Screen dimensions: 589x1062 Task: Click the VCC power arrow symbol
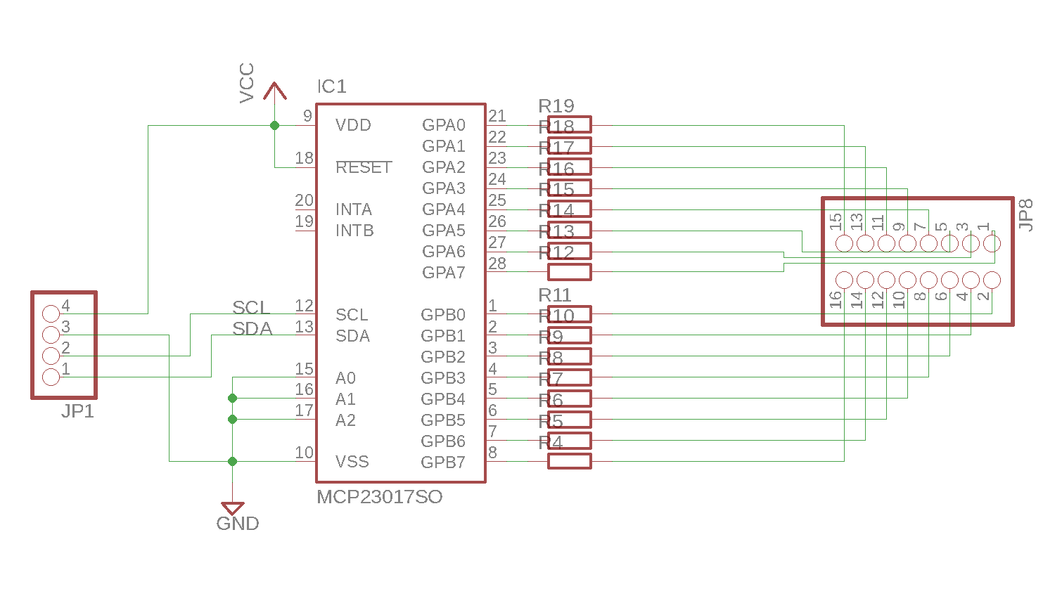coord(274,92)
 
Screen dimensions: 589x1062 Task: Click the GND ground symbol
coord(233,508)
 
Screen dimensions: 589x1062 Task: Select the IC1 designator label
coord(331,86)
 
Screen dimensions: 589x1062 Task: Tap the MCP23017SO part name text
coord(379,497)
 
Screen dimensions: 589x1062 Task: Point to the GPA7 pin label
coord(443,273)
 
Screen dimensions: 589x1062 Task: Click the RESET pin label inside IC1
coord(363,167)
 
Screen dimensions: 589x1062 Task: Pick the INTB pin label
coord(354,231)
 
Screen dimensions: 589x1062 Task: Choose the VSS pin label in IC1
coord(352,462)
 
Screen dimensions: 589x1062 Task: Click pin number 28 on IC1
coord(497,264)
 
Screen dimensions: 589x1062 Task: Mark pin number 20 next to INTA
coord(304,200)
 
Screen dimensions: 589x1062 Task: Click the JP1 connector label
coord(77,411)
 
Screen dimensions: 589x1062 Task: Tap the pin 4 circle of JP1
coord(51,313)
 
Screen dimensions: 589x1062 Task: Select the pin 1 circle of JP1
coord(51,377)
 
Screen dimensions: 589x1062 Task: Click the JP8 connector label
coord(1025,215)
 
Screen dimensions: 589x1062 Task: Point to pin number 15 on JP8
coord(836,222)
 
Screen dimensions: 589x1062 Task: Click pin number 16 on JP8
coord(836,300)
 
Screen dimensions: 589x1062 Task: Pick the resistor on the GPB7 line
coord(570,461)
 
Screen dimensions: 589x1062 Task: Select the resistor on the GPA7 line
coord(570,272)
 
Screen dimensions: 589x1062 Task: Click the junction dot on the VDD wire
coord(274,125)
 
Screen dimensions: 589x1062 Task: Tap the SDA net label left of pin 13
coord(252,329)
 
